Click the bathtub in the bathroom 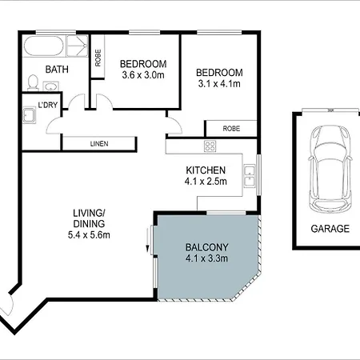click(x=44, y=46)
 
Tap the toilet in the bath click(x=33, y=82)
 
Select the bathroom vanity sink click(x=50, y=86)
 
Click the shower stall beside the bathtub click(x=77, y=46)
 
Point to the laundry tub click(x=29, y=115)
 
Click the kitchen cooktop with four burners click(x=210, y=146)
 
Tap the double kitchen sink click(x=250, y=176)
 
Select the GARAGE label click(x=330, y=229)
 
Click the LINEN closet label click(x=99, y=144)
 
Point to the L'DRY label click(x=48, y=105)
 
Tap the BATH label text click(x=57, y=70)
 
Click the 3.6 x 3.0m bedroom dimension click(x=143, y=75)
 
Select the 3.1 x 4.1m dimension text click(x=219, y=84)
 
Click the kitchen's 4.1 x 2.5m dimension click(x=206, y=182)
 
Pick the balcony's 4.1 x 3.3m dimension click(x=206, y=258)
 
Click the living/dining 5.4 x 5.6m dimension click(x=89, y=235)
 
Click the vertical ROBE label click(x=98, y=58)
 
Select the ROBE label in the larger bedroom click(x=231, y=129)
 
